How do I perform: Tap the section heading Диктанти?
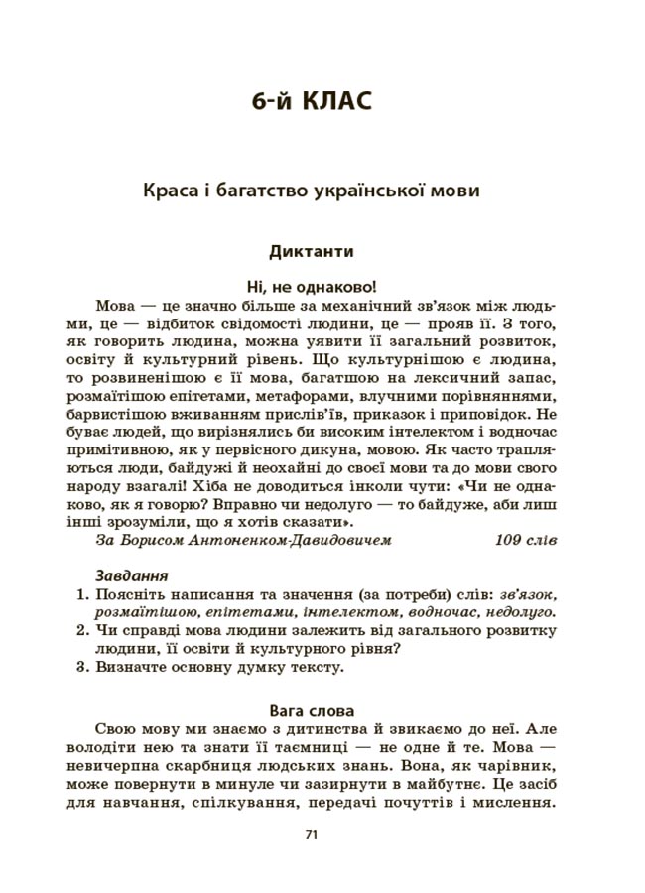(311, 252)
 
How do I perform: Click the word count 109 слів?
(525, 540)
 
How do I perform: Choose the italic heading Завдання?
(131, 575)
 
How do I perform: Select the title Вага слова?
(311, 710)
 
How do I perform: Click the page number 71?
(311, 835)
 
